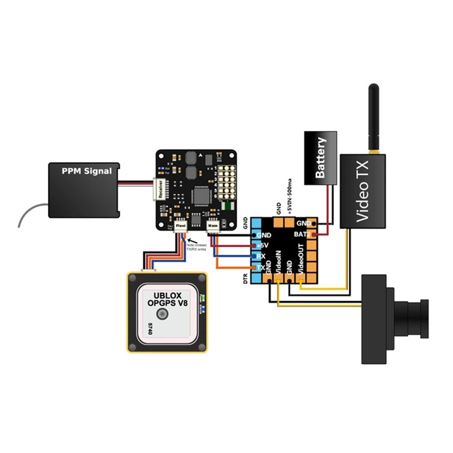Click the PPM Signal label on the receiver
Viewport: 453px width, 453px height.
tap(87, 170)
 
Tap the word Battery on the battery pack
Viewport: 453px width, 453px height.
tap(321, 158)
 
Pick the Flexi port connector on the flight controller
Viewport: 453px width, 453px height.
tap(181, 225)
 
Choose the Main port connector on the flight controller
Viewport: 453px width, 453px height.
tap(213, 225)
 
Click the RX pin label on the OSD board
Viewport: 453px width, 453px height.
tap(261, 257)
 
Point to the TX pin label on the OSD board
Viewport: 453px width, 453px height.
tap(261, 267)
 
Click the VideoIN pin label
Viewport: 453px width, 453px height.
tap(279, 264)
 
